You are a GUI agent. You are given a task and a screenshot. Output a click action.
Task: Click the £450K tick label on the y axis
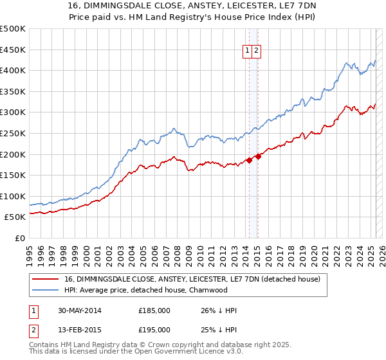pyautogui.click(x=12, y=50)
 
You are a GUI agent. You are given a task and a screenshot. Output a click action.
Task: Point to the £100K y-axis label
pyautogui.click(x=12, y=196)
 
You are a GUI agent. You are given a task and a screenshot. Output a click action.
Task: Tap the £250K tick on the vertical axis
pyautogui.click(x=12, y=133)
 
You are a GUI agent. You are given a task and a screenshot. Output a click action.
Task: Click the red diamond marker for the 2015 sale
pyautogui.click(x=257, y=156)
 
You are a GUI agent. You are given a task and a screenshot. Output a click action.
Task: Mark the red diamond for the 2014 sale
pyautogui.click(x=249, y=160)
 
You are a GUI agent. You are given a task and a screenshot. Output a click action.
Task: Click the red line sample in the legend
pyautogui.click(x=45, y=279)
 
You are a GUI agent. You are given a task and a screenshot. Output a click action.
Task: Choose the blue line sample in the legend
pyautogui.click(x=45, y=290)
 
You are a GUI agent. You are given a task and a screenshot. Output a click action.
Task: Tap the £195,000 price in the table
pyautogui.click(x=154, y=330)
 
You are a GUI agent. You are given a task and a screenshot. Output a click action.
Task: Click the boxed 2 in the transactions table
pyautogui.click(x=32, y=330)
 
